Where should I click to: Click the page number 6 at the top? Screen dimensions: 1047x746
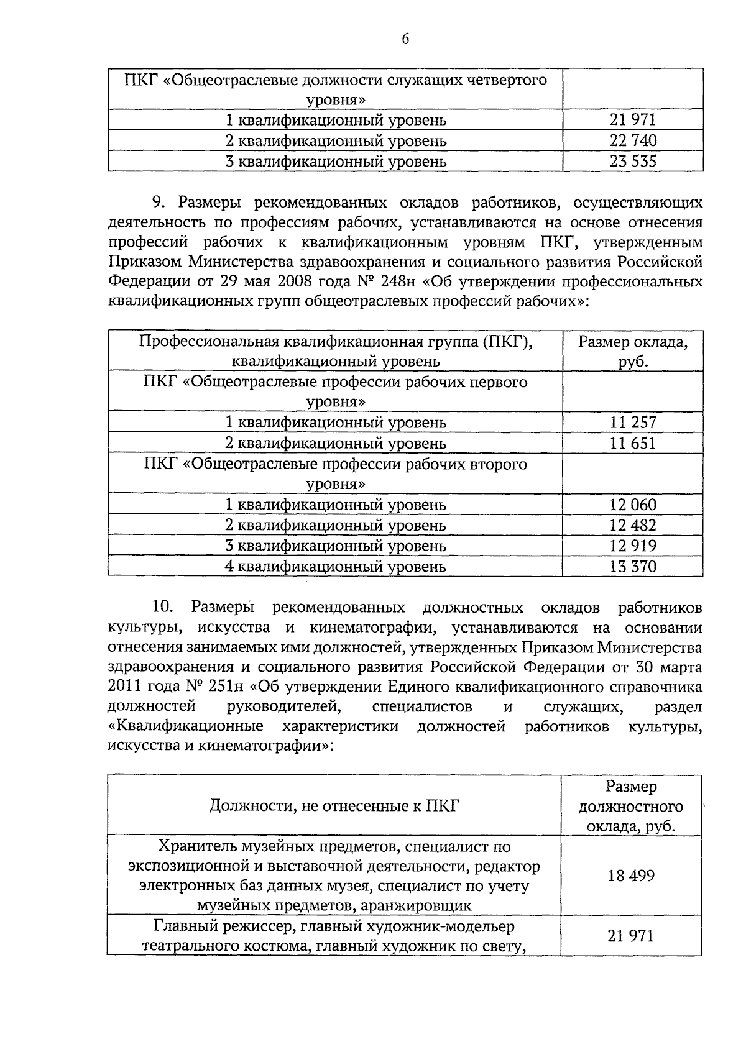point(405,39)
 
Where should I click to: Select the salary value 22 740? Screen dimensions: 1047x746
point(633,140)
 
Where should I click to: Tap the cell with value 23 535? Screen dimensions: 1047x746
point(633,162)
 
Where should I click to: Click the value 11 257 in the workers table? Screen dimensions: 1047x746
point(633,423)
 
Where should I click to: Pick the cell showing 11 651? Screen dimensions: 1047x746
point(633,443)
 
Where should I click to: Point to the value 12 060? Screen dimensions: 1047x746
point(633,505)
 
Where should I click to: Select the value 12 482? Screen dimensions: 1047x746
point(633,525)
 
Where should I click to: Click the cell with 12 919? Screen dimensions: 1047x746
point(633,546)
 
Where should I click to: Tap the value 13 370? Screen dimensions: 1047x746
point(633,566)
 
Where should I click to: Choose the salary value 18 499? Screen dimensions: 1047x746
point(631,876)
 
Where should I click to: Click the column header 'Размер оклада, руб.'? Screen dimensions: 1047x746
point(633,351)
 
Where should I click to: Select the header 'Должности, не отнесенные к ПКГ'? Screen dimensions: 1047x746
point(334,806)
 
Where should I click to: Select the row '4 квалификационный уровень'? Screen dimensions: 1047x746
point(336,566)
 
